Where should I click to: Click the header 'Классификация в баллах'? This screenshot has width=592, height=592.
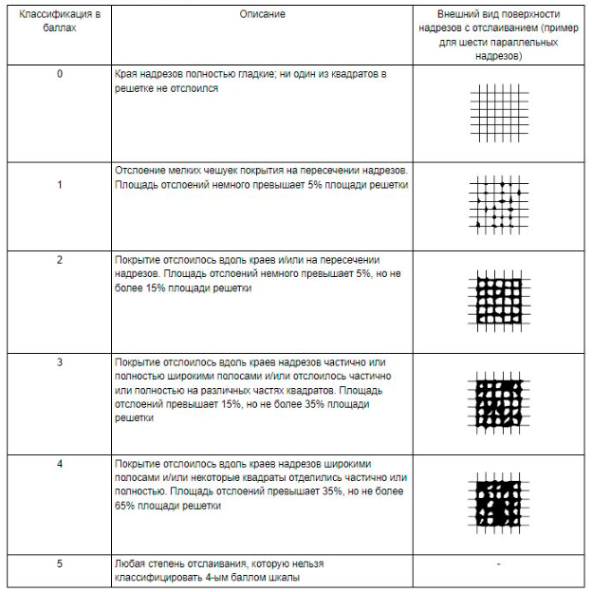click(60, 22)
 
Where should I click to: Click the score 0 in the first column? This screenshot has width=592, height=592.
click(60, 74)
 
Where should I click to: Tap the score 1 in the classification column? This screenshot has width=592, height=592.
click(60, 184)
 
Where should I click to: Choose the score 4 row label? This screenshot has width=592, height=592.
click(60, 463)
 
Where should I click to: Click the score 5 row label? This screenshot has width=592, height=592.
click(60, 564)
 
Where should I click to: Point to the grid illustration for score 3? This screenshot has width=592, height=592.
click(496, 402)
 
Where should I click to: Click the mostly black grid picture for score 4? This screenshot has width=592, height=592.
click(496, 500)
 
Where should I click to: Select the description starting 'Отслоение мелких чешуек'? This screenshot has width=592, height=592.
click(261, 177)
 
